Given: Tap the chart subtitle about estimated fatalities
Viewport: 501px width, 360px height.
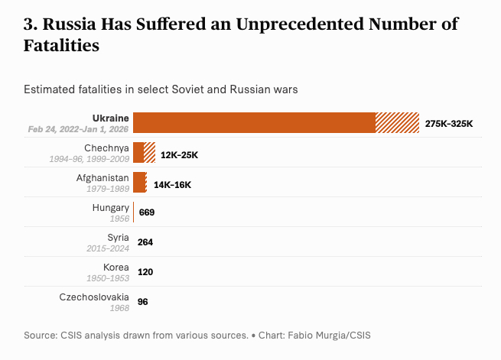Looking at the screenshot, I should [x=161, y=89].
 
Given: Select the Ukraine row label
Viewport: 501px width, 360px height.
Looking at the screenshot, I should [x=110, y=118].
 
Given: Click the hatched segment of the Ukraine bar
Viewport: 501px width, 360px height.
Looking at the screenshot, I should [x=397, y=123].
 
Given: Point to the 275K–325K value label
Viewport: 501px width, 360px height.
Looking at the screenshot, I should [x=449, y=123].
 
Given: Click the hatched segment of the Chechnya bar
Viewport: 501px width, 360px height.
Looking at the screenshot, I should [x=150, y=152].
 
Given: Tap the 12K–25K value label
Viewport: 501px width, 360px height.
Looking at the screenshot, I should [x=180, y=154].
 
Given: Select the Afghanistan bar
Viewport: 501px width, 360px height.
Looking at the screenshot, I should [x=139, y=182].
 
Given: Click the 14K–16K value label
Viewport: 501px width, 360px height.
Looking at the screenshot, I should [x=172, y=184].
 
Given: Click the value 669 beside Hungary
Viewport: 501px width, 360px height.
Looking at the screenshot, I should [x=147, y=212].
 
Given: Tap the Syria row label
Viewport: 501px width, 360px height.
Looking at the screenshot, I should [x=118, y=237].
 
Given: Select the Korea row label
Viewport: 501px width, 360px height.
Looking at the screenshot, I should [x=115, y=267].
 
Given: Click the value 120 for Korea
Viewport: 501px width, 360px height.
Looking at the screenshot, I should [x=145, y=271].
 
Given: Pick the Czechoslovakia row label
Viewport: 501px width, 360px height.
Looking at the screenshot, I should [x=94, y=297].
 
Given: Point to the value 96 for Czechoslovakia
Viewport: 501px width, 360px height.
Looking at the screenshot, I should [x=143, y=301].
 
